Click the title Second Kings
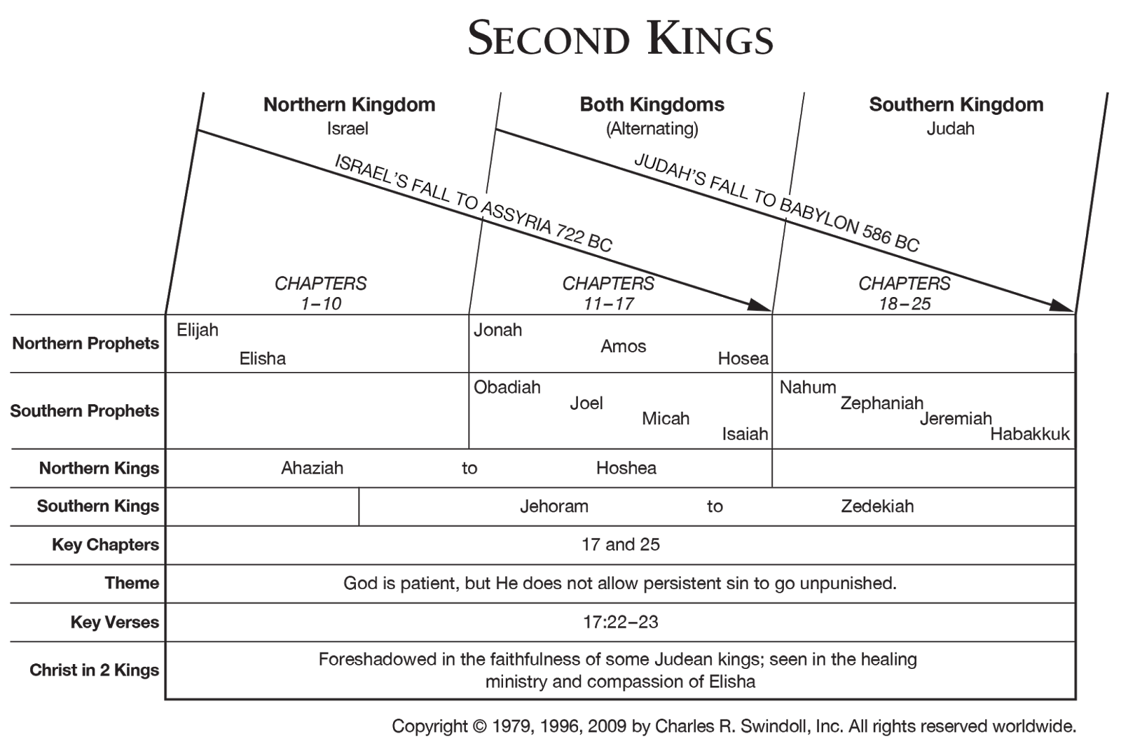pyautogui.click(x=620, y=39)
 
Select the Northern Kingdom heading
pyautogui.click(x=349, y=105)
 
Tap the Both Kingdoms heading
pyautogui.click(x=652, y=105)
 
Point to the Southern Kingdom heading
pyautogui.click(x=956, y=105)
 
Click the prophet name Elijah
pyautogui.click(x=198, y=329)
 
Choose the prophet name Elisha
pyautogui.click(x=263, y=359)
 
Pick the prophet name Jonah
pyautogui.click(x=498, y=329)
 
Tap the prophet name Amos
pyautogui.click(x=623, y=346)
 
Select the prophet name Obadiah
pyautogui.click(x=507, y=387)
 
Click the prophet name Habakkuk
pyautogui.click(x=1030, y=434)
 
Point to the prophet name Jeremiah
pyautogui.click(x=956, y=418)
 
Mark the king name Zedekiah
pyautogui.click(x=877, y=506)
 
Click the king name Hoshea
pyautogui.click(x=626, y=468)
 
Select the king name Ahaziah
pyautogui.click(x=312, y=468)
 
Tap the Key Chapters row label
pyautogui.click(x=105, y=545)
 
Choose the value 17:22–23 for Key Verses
pyautogui.click(x=620, y=622)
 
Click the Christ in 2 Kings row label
pyautogui.click(x=95, y=670)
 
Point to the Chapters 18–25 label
pyautogui.click(x=904, y=293)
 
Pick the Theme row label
pyautogui.click(x=132, y=583)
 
